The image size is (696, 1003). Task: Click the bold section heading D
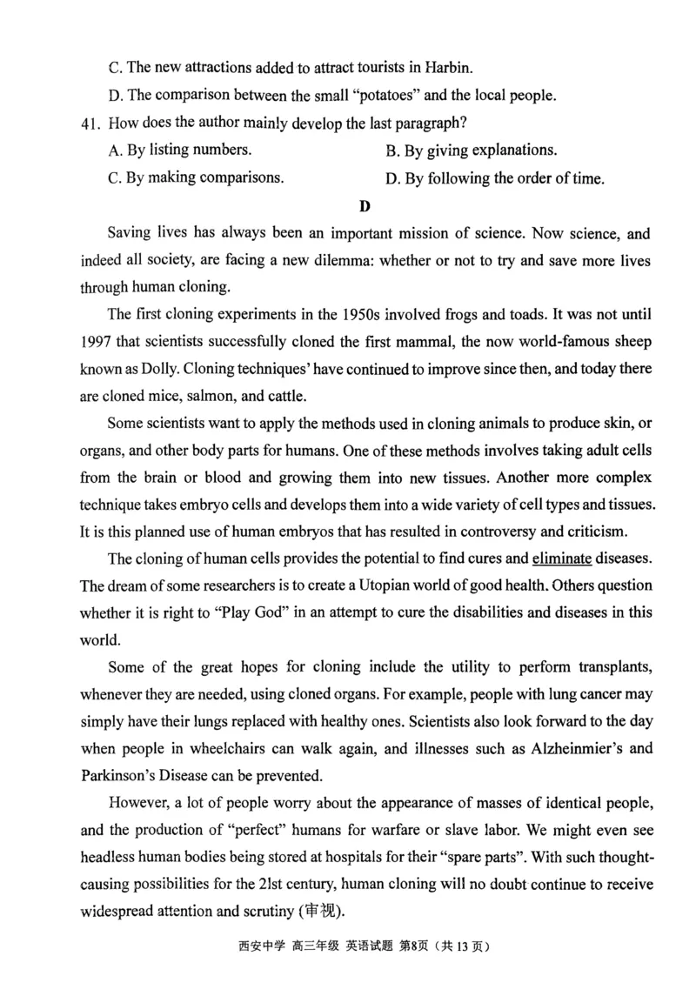coord(365,206)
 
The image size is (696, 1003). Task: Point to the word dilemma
coord(345,260)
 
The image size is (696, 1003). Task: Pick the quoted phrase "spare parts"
coord(483,857)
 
